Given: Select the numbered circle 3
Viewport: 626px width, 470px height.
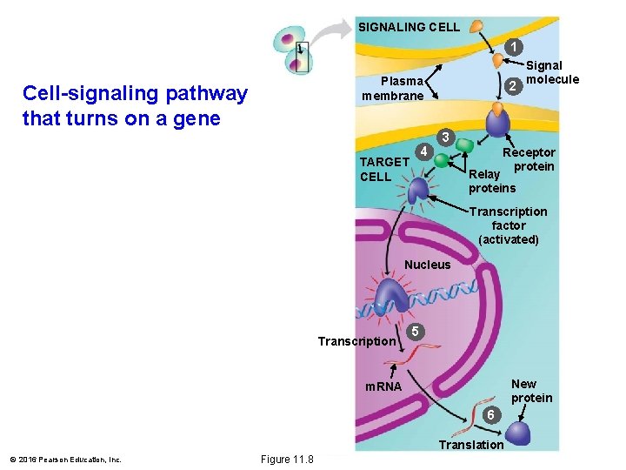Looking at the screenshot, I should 444,138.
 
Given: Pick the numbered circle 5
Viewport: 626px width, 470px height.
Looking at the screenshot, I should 416,332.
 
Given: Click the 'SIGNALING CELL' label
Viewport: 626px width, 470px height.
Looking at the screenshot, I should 409,27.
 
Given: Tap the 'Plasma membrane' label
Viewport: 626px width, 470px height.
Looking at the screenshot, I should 393,88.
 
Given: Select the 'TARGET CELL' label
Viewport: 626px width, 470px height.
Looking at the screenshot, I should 383,169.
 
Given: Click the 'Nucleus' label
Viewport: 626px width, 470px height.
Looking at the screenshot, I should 428,265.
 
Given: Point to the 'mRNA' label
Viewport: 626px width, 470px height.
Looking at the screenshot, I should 383,386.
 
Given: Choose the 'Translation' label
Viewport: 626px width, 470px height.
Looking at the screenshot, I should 470,445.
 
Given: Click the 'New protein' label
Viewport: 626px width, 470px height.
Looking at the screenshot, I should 531,391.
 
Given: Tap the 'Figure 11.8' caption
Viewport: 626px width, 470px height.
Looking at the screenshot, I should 287,459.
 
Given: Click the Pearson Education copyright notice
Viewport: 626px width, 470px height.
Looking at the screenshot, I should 65,460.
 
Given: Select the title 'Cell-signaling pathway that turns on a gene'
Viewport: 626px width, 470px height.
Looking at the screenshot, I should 135,105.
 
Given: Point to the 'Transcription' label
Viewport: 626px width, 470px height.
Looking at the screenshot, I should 356,341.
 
